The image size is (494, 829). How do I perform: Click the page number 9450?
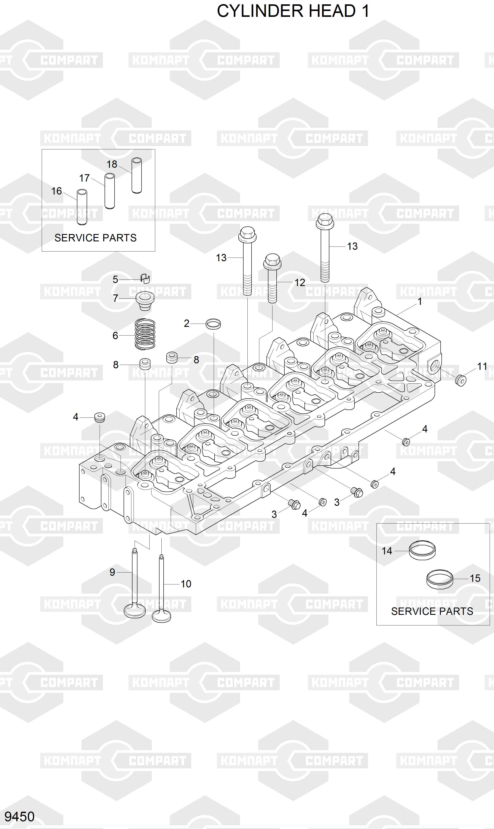[19, 816]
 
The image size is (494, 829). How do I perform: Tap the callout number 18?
[112, 164]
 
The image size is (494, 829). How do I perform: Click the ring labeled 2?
[213, 324]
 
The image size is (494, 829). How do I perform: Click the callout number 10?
[186, 584]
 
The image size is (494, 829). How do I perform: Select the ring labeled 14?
[422, 550]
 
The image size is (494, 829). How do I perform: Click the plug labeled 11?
[460, 380]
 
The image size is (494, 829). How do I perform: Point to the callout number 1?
[420, 301]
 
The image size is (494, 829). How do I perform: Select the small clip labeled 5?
[145, 278]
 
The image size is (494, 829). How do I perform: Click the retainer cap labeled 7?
[145, 301]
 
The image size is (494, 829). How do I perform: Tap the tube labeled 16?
[82, 207]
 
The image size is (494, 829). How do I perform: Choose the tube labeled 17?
[110, 191]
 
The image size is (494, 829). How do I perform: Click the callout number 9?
[112, 572]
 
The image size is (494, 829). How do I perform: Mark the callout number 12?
[300, 282]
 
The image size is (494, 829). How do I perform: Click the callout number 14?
[387, 551]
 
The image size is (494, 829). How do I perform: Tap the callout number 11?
[482, 366]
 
